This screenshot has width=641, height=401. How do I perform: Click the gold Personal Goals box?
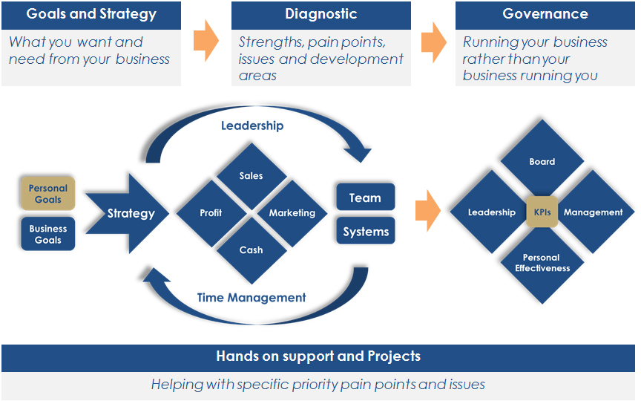[x=47, y=194]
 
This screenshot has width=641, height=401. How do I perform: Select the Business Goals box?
[x=47, y=234]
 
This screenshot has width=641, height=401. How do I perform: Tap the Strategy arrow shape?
[x=128, y=214]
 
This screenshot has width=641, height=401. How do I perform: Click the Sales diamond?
[x=252, y=176]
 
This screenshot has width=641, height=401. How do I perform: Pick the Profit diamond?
[x=211, y=213]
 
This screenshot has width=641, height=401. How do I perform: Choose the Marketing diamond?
[x=292, y=213]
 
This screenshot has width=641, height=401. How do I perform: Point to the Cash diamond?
[x=252, y=250]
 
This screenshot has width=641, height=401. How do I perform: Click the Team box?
[x=366, y=198]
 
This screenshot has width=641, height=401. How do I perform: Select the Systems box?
[x=366, y=231]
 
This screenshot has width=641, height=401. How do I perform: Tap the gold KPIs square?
[x=542, y=212]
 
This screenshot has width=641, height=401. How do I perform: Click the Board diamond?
[x=542, y=160]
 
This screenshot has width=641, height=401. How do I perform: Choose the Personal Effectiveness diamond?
[x=542, y=264]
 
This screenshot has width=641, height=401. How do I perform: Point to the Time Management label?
[x=252, y=298]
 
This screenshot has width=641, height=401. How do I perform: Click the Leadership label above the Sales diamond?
[x=252, y=125]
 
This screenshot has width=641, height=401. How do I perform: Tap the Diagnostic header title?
[x=321, y=14]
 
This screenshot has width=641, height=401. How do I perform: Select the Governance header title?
[x=545, y=14]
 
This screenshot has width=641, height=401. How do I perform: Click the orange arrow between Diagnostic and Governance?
[x=434, y=42]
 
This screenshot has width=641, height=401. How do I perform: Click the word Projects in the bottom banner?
[x=394, y=356]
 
